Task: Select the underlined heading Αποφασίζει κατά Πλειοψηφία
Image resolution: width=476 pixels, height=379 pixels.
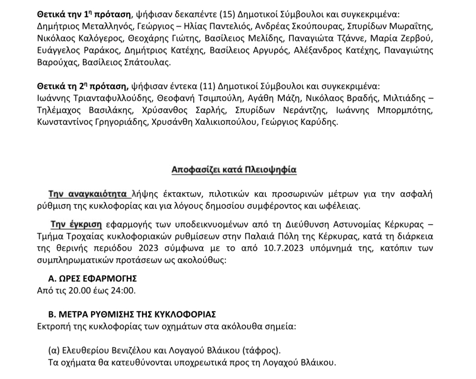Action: coord(234,170)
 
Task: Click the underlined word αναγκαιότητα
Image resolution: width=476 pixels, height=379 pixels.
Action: coord(97,193)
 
